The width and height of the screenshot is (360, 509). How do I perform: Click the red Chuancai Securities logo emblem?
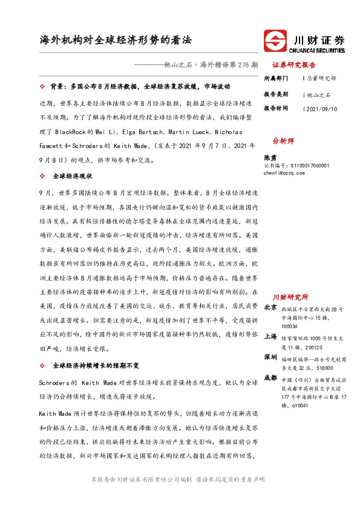click(277, 42)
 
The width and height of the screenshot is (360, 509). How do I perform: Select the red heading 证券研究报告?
click(294, 65)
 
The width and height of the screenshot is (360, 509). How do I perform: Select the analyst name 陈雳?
click(271, 155)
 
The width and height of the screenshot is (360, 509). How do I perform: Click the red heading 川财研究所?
click(290, 297)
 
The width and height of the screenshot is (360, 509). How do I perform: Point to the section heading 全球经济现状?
click(72, 176)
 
